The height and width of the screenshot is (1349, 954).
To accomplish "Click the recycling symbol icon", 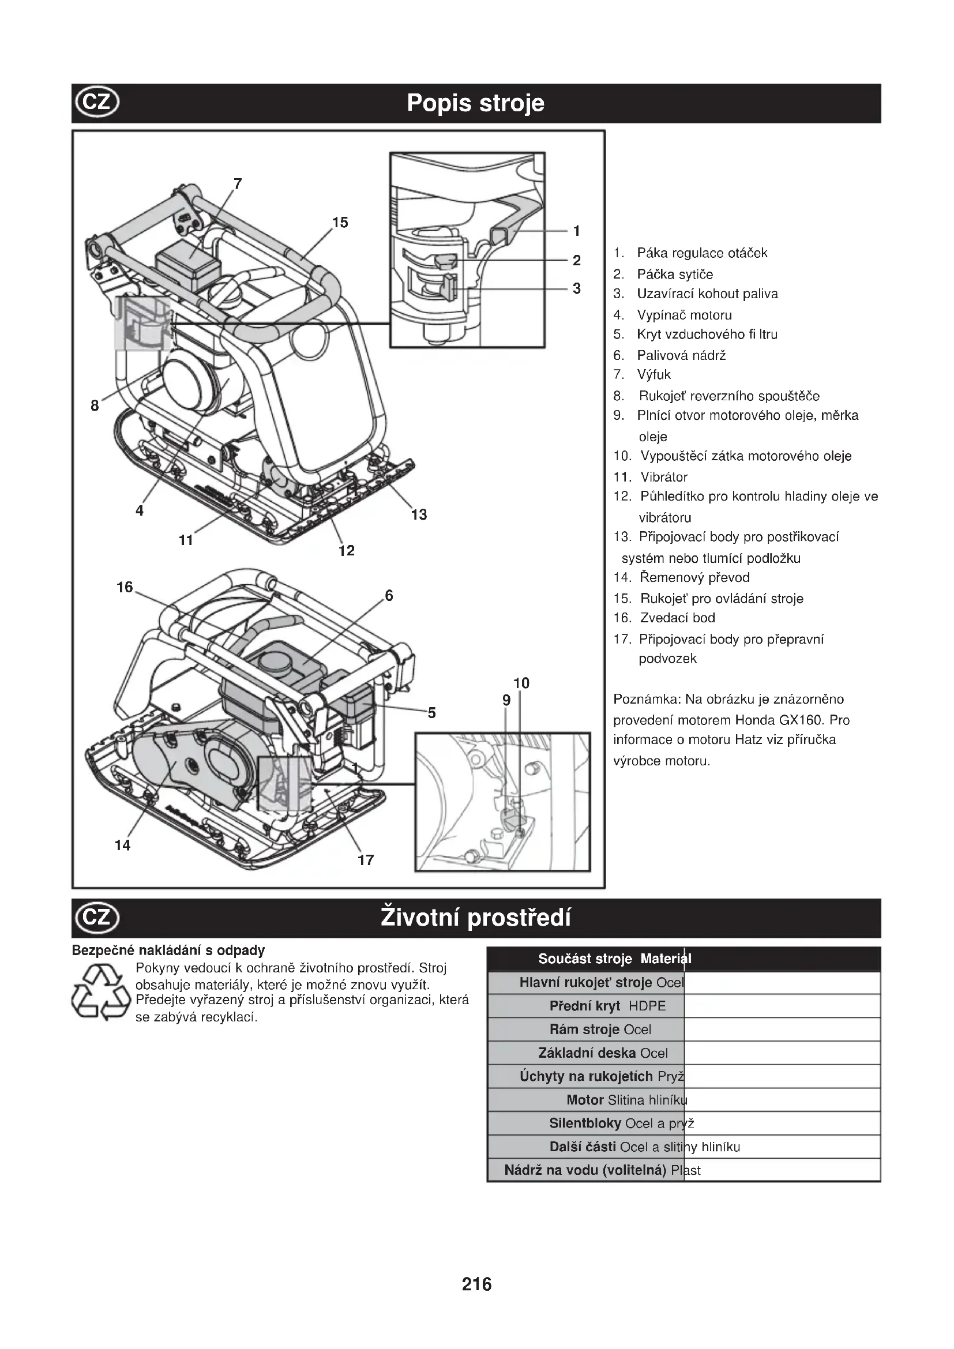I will point(100,994).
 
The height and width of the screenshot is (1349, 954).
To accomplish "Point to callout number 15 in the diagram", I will point(340,223).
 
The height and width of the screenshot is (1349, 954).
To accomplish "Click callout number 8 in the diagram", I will point(95,405).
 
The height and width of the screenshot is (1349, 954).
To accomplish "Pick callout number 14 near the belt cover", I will point(122,845).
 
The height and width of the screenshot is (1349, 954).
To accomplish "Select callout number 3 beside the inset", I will point(577,288).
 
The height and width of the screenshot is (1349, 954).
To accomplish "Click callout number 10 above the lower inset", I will point(521,683).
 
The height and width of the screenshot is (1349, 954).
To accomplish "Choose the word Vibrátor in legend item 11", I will point(664,477).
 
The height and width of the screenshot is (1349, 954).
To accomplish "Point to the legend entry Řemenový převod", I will point(694,577).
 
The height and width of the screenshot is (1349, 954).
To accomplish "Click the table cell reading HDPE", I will point(647,1006).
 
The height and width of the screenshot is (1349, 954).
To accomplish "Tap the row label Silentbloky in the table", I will point(585,1123).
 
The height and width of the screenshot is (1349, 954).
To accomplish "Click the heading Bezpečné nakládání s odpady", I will point(168,950).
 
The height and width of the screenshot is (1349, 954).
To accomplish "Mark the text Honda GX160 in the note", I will point(778,720).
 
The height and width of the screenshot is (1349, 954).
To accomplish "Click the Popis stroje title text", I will point(476,103).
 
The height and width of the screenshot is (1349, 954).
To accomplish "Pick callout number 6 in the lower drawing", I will point(389,596).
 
